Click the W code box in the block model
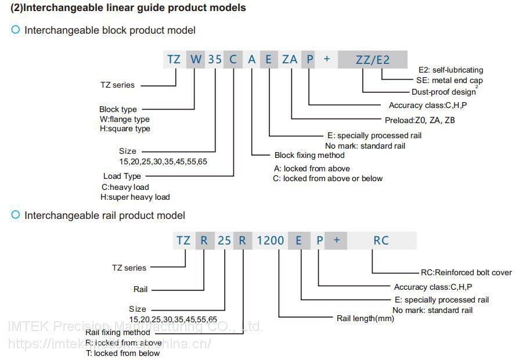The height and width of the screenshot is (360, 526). (196, 59)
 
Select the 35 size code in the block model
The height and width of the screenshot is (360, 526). (215, 59)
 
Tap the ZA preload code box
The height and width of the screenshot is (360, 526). (290, 59)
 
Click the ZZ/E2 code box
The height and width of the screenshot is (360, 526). (373, 59)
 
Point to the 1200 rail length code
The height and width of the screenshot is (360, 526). (271, 240)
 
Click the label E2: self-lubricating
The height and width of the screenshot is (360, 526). (451, 70)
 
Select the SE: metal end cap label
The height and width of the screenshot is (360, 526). (449, 80)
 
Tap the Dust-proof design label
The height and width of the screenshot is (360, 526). (444, 92)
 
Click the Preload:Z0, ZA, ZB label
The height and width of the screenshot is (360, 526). (420, 120)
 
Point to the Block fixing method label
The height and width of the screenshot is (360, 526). (309, 155)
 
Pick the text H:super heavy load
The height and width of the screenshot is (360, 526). (135, 197)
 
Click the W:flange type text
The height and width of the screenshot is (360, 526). (124, 119)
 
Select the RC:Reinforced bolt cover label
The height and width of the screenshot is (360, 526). (466, 272)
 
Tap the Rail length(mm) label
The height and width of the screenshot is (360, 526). (365, 318)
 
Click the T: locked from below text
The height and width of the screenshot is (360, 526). (123, 353)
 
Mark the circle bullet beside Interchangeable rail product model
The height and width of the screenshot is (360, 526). (16, 214)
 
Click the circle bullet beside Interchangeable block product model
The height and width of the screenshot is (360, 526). (16, 30)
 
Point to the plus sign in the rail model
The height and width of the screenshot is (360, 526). (337, 240)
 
